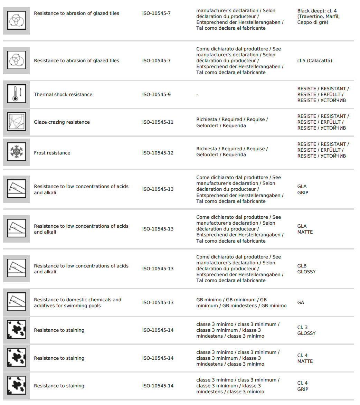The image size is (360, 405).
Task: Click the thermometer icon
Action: coord(16,94)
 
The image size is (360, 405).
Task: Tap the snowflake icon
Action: coord(16,153)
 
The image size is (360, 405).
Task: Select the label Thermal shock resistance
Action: coord(63,94)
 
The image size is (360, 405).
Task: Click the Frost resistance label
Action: coord(52,153)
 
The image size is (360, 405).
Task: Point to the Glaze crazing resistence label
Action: coord(62,122)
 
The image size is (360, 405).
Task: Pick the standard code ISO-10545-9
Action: coord(157,94)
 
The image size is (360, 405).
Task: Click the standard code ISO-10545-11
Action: coord(158,122)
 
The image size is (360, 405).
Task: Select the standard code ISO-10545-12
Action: coord(158,153)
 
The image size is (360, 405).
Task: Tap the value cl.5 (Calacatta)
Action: coord(315,60)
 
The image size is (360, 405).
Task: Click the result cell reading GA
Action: coord(301,302)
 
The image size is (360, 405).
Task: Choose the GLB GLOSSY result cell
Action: coord(306,269)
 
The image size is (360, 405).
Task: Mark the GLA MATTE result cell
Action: coord(305,229)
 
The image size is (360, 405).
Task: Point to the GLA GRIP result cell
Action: coord(303,189)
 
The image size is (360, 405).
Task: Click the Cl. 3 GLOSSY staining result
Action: coord(306,330)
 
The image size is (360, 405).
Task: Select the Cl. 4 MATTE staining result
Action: coord(305,358)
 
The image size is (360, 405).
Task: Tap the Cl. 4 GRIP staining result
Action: coord(303,386)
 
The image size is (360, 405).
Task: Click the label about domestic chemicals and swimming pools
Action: coord(78,303)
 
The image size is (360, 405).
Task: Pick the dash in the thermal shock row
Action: coord(197,95)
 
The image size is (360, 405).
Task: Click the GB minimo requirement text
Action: coord(241,303)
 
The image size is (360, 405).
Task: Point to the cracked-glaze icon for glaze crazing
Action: coord(16,122)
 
